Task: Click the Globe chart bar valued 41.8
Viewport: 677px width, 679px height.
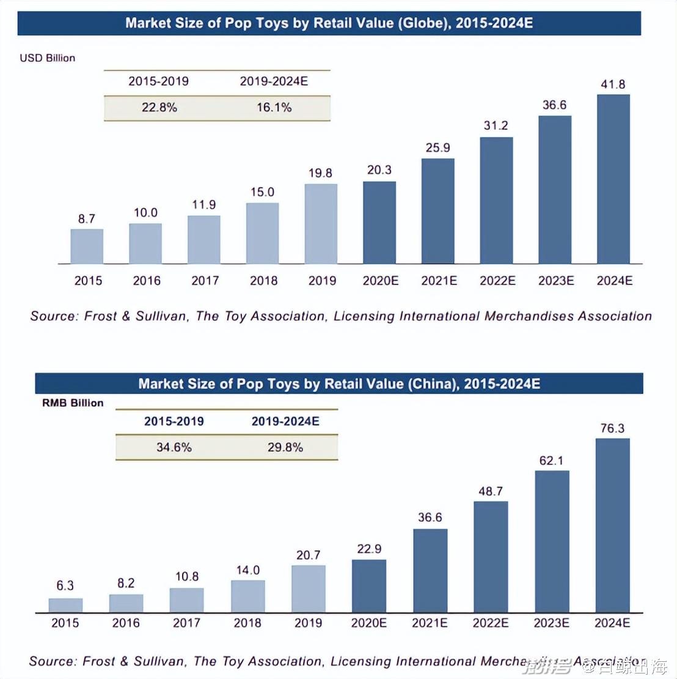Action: pyautogui.click(x=613, y=179)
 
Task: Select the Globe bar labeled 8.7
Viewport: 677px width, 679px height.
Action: pyautogui.click(x=87, y=246)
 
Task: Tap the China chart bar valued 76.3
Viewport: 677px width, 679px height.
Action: pyautogui.click(x=612, y=525)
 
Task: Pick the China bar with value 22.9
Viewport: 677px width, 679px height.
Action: pyautogui.click(x=369, y=585)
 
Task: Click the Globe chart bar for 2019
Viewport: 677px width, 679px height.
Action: pyautogui.click(x=321, y=223)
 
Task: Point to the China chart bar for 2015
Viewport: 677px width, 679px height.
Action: pyautogui.click(x=65, y=605)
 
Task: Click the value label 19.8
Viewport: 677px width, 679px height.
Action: pyautogui.click(x=320, y=173)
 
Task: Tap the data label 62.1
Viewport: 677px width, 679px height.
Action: pyautogui.click(x=551, y=460)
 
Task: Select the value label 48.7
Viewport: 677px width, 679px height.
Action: pyautogui.click(x=491, y=491)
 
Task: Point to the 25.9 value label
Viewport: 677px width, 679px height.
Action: pyautogui.click(x=437, y=147)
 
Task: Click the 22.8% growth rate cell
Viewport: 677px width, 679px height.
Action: pyautogui.click(x=159, y=108)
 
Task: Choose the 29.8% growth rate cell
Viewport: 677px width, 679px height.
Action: pyautogui.click(x=285, y=447)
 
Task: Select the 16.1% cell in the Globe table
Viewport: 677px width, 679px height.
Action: pyautogui.click(x=274, y=108)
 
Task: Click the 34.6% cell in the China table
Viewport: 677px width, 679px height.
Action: pyautogui.click(x=174, y=447)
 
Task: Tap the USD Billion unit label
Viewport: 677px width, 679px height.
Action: pyautogui.click(x=48, y=58)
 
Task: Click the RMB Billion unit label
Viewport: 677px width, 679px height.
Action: pyautogui.click(x=73, y=403)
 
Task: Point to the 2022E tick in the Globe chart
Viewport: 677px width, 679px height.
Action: pyautogui.click(x=497, y=281)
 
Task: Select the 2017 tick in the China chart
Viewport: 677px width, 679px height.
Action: pyautogui.click(x=186, y=623)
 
